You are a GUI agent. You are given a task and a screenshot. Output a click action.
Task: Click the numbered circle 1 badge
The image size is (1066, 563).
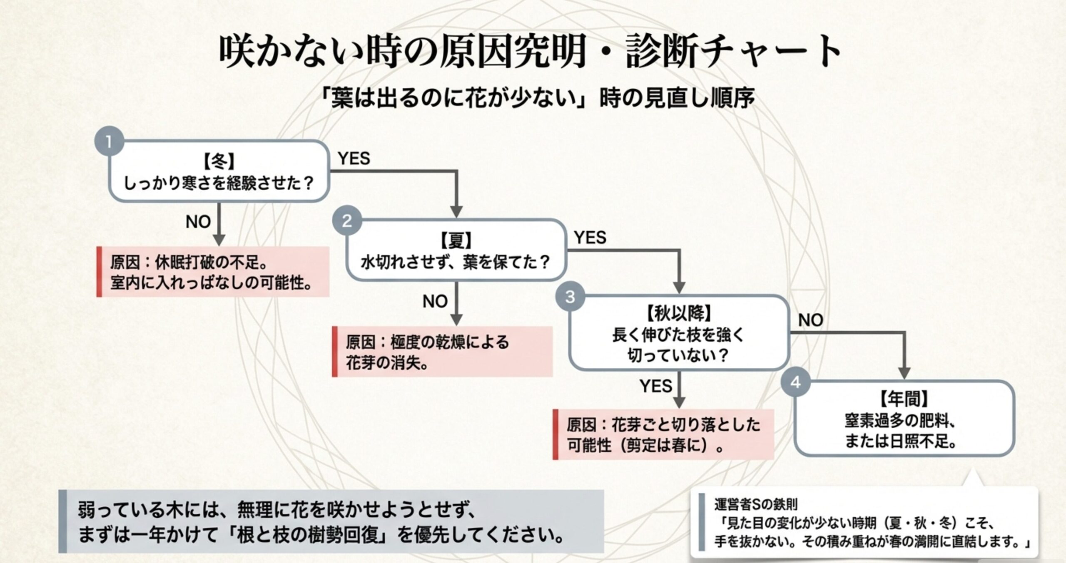coord(109,141)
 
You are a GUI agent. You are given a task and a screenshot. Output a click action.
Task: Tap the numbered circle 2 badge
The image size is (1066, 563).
coord(347,221)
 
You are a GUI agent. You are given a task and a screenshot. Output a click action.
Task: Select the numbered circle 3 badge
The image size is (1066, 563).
coord(570,297)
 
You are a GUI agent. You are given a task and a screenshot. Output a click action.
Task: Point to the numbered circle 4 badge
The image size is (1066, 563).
coord(795,382)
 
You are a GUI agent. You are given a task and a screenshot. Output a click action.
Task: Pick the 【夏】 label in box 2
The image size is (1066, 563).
coord(456,240)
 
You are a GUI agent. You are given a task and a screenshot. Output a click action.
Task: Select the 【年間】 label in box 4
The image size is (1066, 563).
coord(904,399)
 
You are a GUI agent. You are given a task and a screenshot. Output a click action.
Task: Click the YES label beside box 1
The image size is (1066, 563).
coord(354,159)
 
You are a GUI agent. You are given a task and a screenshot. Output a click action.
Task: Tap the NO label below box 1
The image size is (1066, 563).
coord(198,222)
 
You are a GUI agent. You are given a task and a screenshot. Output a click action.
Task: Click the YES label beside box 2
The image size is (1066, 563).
coord(590,238)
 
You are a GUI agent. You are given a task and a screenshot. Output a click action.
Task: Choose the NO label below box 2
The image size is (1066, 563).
coord(435,301)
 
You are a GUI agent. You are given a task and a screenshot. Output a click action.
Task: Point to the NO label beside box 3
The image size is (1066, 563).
coord(810,320)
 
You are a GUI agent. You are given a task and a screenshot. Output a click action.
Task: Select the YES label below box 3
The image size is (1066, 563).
coord(656,386)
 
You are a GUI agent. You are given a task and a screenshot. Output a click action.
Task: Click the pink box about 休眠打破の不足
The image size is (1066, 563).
coord(213,272)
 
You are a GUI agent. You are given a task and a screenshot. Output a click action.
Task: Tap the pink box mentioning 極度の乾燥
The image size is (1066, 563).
coord(442,352)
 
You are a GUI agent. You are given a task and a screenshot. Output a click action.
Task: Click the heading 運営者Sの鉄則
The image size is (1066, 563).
coord(756,505)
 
